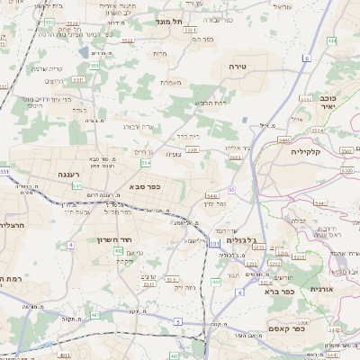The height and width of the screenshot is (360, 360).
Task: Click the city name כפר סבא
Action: (144, 186)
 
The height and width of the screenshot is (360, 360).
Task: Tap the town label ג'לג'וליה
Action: (243, 240)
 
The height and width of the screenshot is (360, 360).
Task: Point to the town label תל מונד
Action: (167, 21)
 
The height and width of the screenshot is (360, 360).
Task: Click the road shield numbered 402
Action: (120, 251)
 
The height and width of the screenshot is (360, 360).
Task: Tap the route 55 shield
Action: (231, 190)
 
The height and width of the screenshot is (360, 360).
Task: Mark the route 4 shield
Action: (70, 244)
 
